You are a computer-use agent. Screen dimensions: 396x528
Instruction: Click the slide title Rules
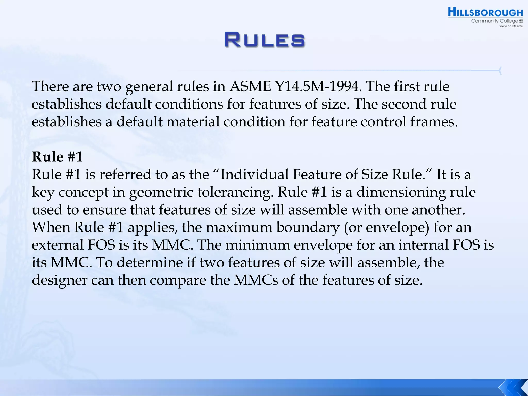pos(265,40)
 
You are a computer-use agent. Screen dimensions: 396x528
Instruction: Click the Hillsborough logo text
pos(485,13)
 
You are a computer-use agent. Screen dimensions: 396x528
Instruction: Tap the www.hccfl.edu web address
pos(511,26)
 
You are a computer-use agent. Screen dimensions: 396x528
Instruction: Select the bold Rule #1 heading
pos(57,157)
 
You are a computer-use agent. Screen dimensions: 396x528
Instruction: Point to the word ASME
pos(250,86)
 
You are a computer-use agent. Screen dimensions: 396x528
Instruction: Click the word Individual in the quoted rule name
pos(254,174)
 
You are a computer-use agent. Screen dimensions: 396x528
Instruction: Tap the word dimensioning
pos(401,192)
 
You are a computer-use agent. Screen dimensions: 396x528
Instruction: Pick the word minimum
pos(258,245)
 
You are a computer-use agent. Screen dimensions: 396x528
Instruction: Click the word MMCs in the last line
pos(256,280)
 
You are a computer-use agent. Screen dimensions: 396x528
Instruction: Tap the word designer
pos(60,280)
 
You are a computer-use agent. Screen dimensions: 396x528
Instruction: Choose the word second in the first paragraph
pos(403,104)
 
